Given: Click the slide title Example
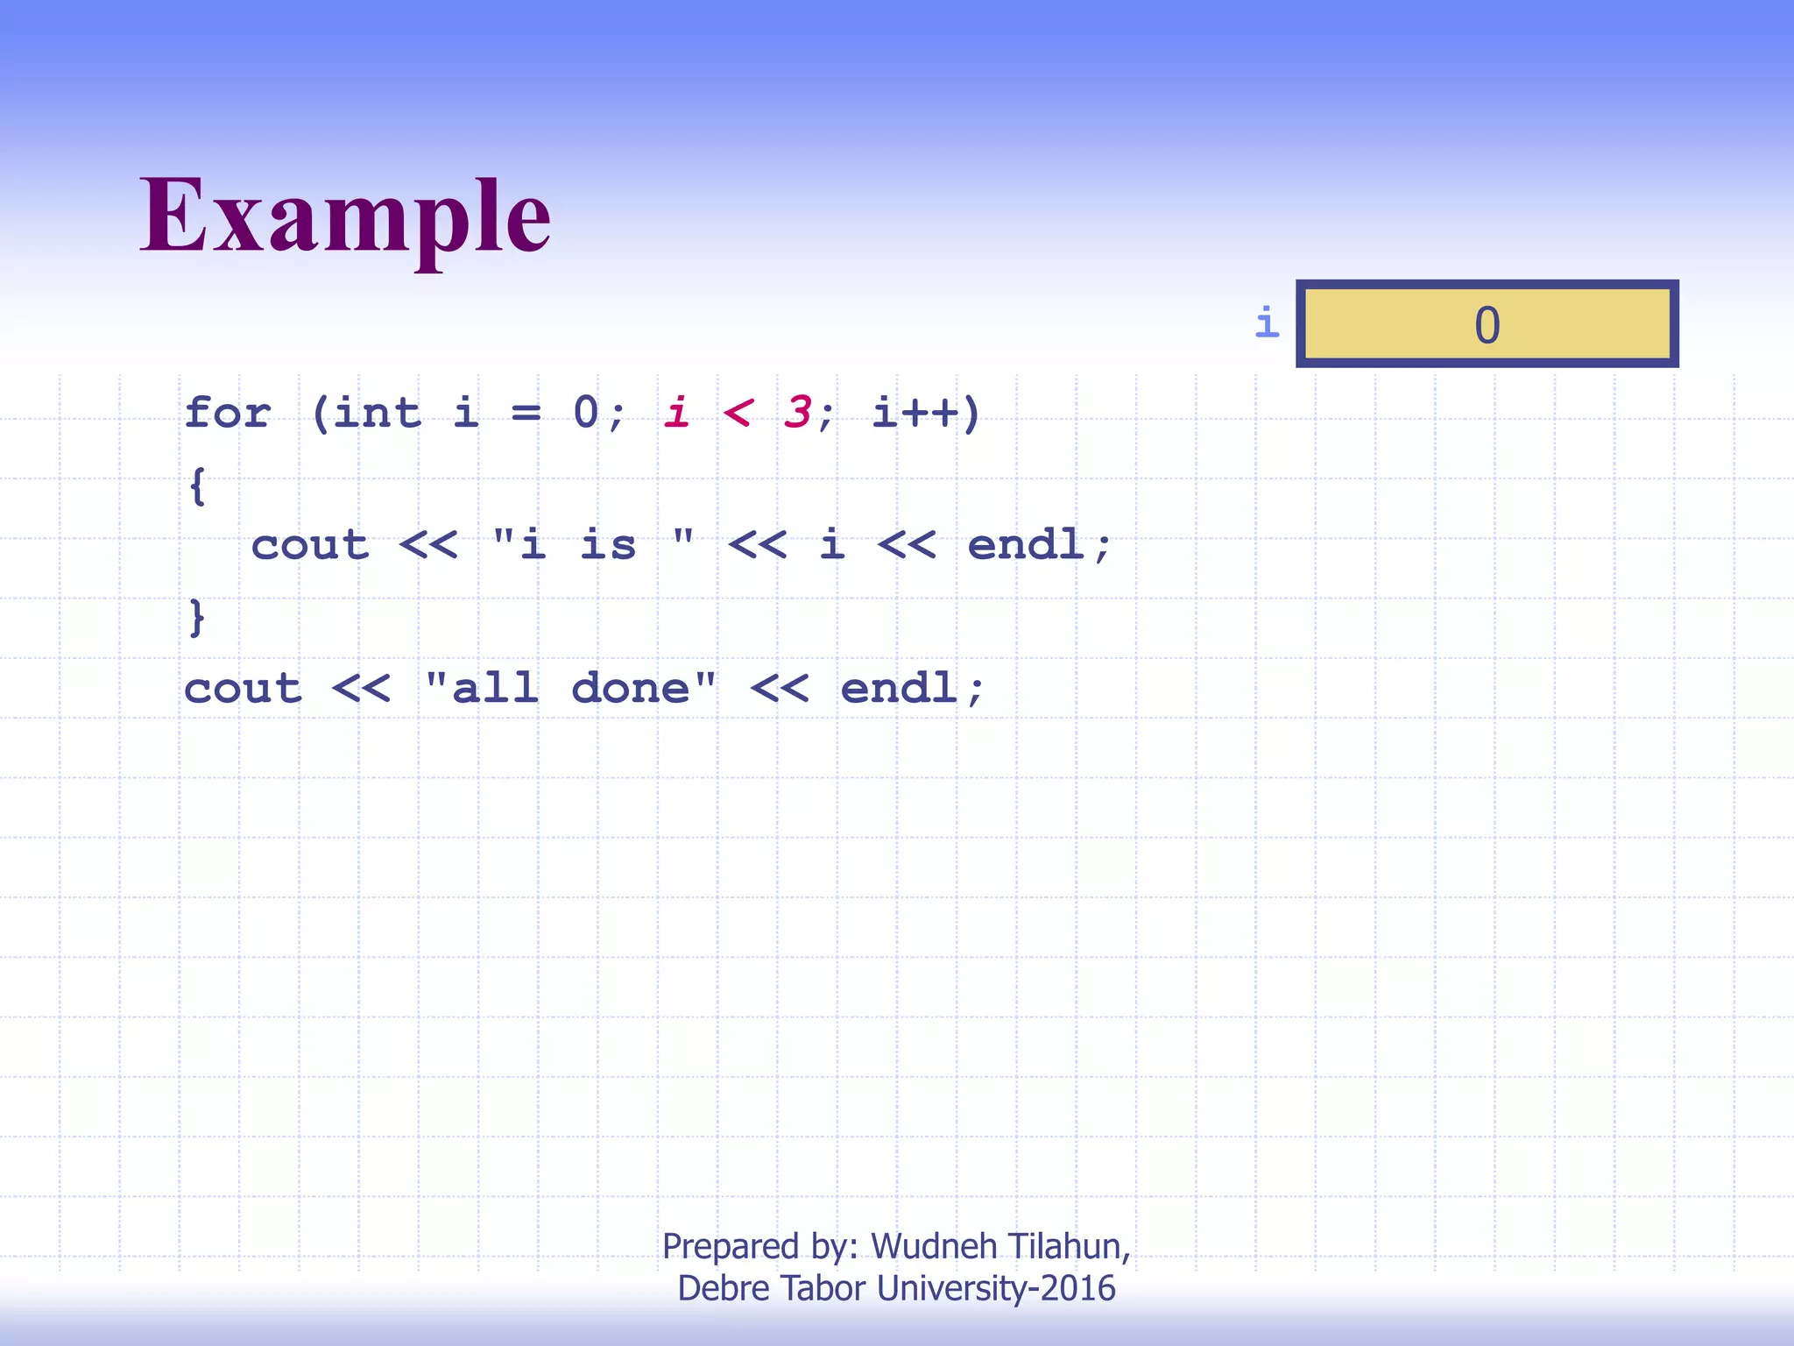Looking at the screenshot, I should coord(345,216).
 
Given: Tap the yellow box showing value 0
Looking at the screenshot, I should coord(1487,324).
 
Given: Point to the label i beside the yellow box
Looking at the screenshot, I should coord(1267,322).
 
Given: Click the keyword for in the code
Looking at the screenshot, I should coord(228,412).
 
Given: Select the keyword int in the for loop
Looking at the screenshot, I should coord(377,412).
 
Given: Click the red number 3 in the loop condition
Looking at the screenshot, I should coord(797,412).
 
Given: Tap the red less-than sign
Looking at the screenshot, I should coord(738,412).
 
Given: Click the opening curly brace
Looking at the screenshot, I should coord(198,485).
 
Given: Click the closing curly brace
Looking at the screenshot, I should coord(198,617).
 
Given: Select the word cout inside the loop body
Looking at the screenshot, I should coord(310,545).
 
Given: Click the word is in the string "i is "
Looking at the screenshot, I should coord(608,545).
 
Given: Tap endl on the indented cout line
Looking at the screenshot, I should coord(1027,545).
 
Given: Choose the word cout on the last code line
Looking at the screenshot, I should coord(243,689).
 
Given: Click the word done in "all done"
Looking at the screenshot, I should coord(631,689).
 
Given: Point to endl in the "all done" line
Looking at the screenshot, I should coord(899,689).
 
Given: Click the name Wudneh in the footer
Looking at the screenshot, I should coord(934,1246).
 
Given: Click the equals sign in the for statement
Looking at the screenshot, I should coord(526,412).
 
